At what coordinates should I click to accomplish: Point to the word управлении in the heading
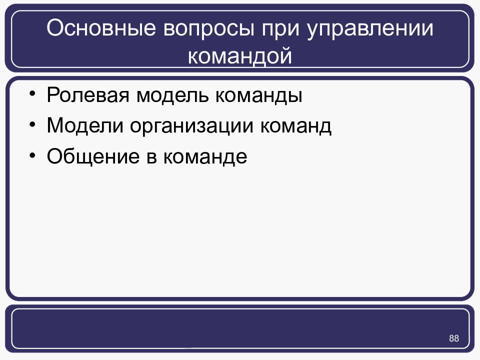[370, 30]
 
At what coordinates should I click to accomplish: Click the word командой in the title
[239, 55]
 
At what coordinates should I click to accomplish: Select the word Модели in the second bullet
[84, 125]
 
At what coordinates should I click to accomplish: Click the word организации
[193, 126]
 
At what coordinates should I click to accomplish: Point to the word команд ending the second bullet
[295, 125]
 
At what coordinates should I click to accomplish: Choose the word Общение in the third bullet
[90, 157]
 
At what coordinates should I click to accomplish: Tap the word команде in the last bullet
[204, 157]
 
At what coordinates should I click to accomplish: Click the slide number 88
[454, 338]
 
